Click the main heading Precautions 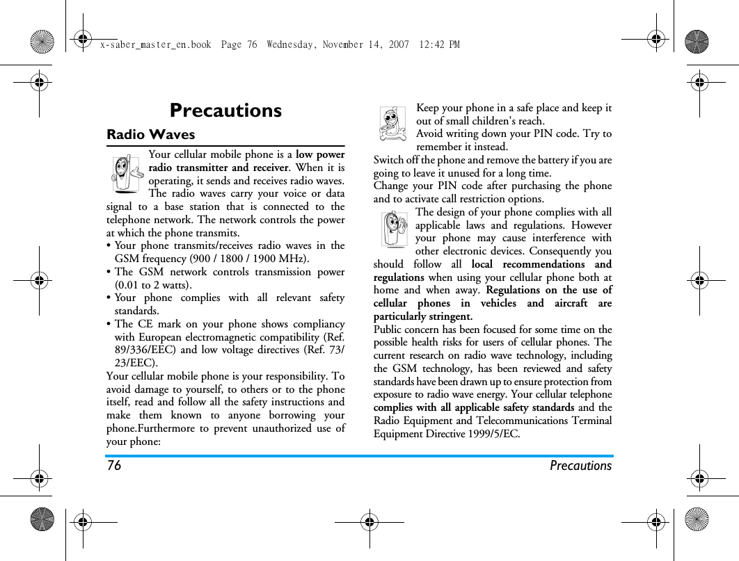click(x=225, y=111)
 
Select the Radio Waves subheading click(x=150, y=134)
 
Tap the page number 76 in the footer click(x=114, y=466)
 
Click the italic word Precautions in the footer click(x=580, y=466)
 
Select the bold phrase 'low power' click(x=320, y=154)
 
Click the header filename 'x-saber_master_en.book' click(x=155, y=44)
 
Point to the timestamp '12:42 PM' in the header click(x=440, y=44)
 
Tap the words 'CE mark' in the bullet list click(x=158, y=325)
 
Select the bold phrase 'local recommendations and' click(x=541, y=264)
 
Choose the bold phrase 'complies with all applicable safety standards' click(x=474, y=407)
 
